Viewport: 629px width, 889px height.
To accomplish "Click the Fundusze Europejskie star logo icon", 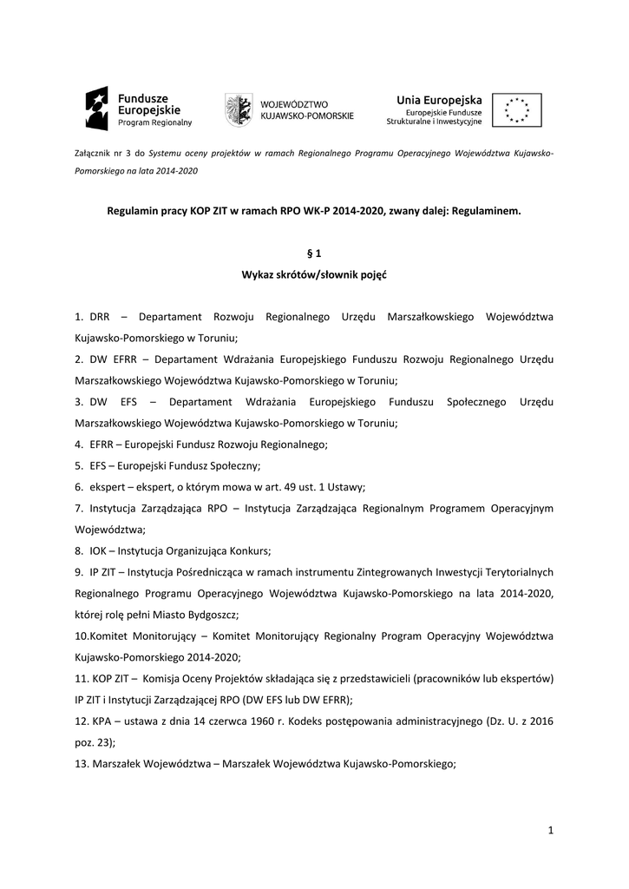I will (96, 109).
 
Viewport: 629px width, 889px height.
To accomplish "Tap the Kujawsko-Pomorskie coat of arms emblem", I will (240, 109).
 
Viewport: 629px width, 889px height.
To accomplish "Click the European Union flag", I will (516, 110).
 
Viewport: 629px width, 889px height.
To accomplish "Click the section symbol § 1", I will (314, 254).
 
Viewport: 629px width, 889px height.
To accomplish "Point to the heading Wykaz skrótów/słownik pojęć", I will (314, 274).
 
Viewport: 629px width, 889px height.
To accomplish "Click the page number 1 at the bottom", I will (550, 831).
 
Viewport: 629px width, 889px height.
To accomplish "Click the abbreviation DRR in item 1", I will (99, 317).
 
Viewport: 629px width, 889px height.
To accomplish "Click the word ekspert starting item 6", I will (106, 487).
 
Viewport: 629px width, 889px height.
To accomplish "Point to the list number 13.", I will (82, 763).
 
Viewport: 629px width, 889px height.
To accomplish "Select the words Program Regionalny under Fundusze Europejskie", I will (155, 123).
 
